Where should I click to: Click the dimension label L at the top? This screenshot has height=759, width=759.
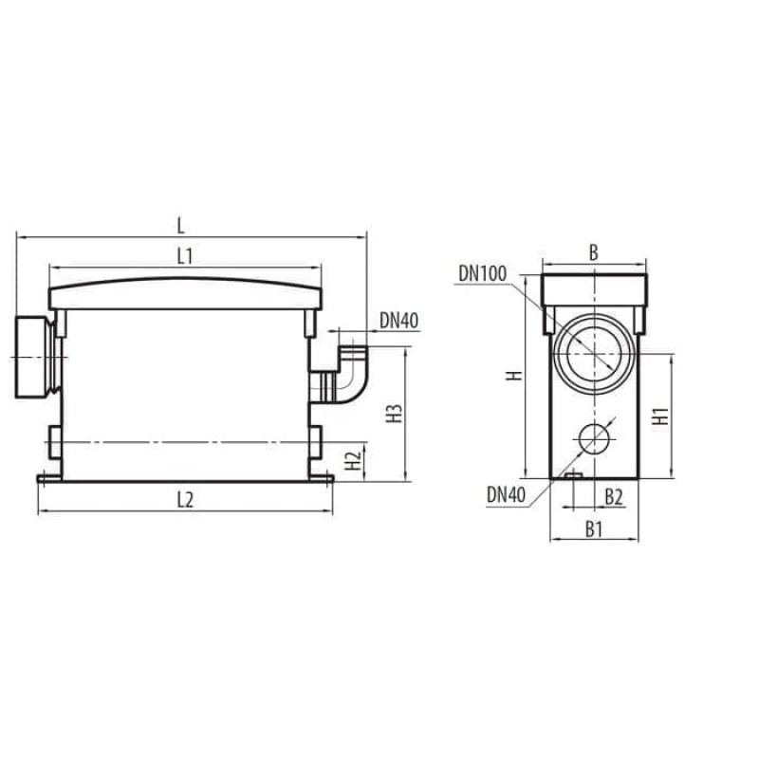coord(181,225)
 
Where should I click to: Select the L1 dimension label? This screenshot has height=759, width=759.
coord(185,255)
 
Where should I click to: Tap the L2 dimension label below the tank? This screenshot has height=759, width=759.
coord(185,502)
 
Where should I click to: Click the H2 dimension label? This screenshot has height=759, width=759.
coord(353,462)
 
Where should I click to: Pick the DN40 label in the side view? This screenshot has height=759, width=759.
coord(399,321)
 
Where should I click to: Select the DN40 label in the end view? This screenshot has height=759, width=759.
coord(507,493)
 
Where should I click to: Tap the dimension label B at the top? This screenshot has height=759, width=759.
coord(593,252)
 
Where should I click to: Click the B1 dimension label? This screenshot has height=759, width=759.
coord(593,529)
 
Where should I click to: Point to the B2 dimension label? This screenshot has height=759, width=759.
coord(614,495)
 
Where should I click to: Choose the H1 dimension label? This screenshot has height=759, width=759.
coord(661,415)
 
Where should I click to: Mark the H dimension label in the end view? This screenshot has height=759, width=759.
coord(512,376)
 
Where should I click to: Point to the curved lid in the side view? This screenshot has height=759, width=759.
coord(186,288)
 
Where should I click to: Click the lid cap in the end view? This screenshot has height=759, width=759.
coord(594,290)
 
